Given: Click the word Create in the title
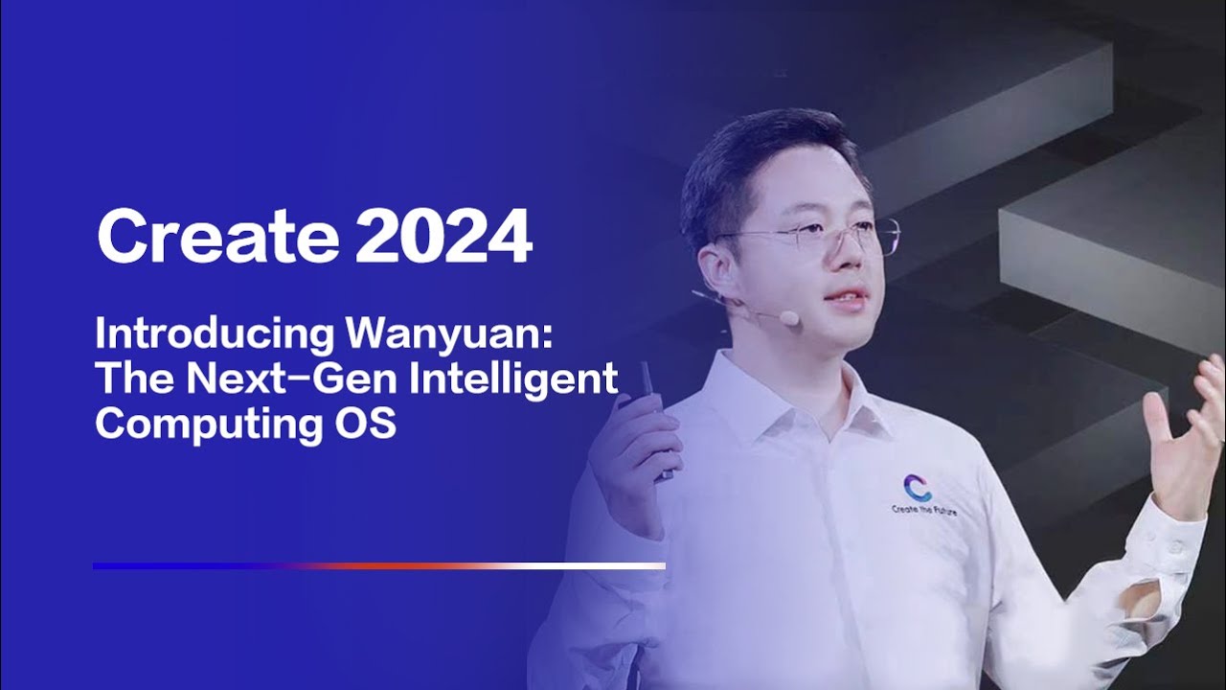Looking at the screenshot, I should coord(217,237).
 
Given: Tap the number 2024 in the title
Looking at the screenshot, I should coord(443,237).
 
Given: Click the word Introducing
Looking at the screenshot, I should coord(214,335).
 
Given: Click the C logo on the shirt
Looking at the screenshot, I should coord(918,487).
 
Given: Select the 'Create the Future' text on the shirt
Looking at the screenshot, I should coord(923,510).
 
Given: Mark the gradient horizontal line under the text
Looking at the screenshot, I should coord(378,565).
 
